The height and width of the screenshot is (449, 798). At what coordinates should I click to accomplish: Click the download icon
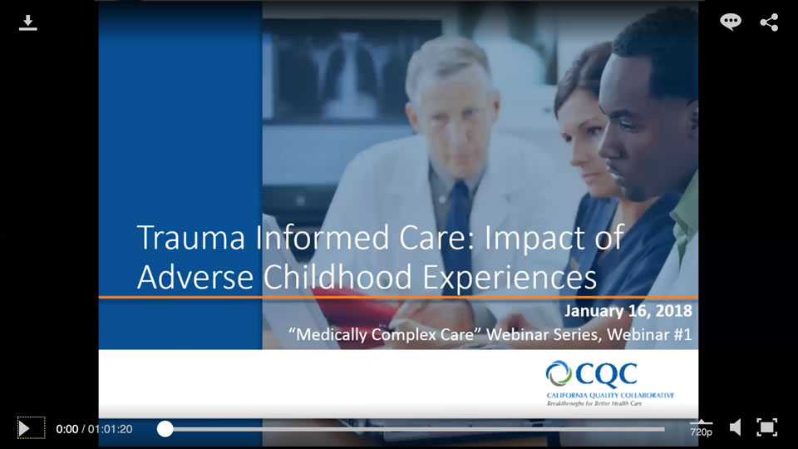[28, 22]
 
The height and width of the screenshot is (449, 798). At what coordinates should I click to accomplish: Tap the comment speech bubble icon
[731, 22]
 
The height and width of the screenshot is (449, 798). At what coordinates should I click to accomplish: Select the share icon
[769, 22]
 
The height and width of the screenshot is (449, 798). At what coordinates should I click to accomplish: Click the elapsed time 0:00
[66, 429]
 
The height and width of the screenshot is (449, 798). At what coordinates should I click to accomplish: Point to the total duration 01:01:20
[110, 429]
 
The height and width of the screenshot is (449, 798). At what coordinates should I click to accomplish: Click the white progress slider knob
[165, 429]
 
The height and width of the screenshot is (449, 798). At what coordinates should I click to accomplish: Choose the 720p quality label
[701, 432]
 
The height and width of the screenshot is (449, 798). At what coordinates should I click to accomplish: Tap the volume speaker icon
[735, 428]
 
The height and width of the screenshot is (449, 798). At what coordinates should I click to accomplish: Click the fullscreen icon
[766, 428]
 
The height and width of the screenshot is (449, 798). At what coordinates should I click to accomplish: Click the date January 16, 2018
[628, 312]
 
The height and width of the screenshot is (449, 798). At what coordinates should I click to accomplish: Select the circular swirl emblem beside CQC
[559, 374]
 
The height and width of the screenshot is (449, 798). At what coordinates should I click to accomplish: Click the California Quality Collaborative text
[610, 394]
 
